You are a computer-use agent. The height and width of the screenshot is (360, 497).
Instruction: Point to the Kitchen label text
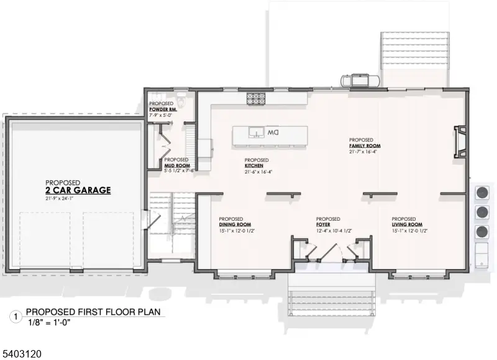pyautogui.click(x=253, y=165)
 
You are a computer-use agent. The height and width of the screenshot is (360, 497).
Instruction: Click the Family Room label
pyautogui.click(x=364, y=145)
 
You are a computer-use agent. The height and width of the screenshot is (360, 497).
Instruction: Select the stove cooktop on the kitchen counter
pyautogui.click(x=255, y=97)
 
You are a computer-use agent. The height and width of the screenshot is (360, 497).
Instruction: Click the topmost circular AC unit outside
pyautogui.click(x=481, y=192)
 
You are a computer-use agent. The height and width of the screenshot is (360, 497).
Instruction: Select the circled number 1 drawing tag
pyautogui.click(x=15, y=316)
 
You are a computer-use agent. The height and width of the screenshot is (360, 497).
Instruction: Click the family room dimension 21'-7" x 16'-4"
pyautogui.click(x=363, y=151)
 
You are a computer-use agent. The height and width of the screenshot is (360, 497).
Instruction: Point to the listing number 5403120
pyautogui.click(x=22, y=353)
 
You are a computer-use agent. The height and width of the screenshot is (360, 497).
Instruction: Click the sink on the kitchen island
pyautogui.click(x=254, y=132)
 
